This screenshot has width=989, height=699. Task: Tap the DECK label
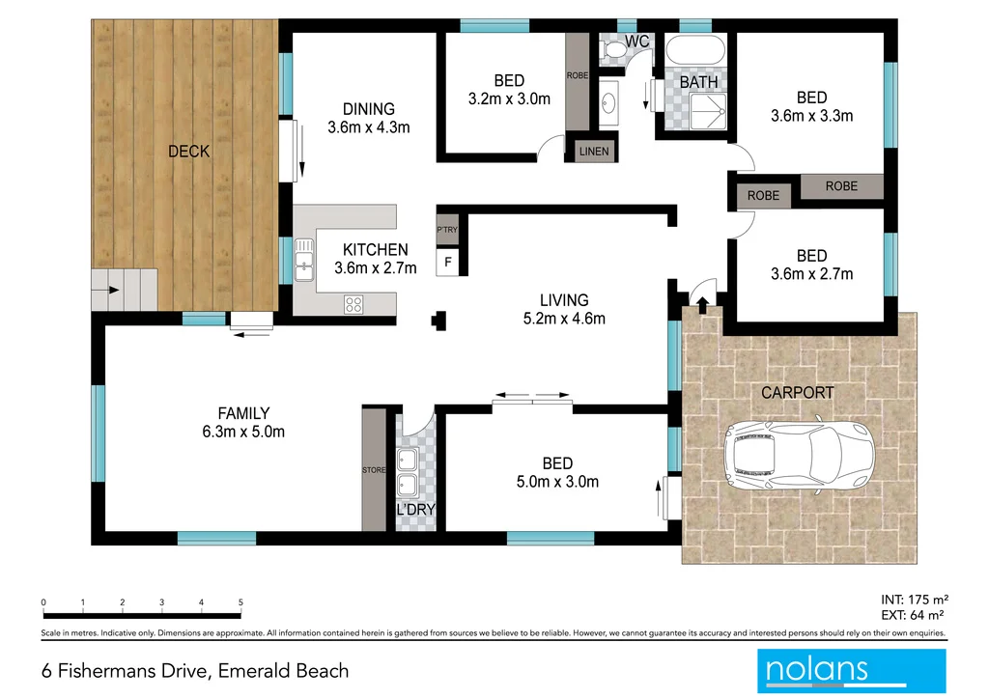click(x=188, y=152)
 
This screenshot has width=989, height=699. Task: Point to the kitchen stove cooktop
click(x=353, y=303)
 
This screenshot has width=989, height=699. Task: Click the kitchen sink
click(x=306, y=260)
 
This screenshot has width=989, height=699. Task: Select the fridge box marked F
click(x=447, y=262)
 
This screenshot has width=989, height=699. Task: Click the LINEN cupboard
click(x=594, y=151)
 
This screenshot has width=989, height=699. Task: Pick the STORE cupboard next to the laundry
click(x=374, y=470)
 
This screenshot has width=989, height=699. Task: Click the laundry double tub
click(x=408, y=470)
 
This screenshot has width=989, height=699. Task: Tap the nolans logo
click(x=850, y=669)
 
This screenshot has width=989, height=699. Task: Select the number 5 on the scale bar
click(x=240, y=601)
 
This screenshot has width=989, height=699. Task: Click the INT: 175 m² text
click(x=911, y=598)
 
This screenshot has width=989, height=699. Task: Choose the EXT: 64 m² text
click(x=911, y=614)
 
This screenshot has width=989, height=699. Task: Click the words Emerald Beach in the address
click(x=284, y=671)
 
